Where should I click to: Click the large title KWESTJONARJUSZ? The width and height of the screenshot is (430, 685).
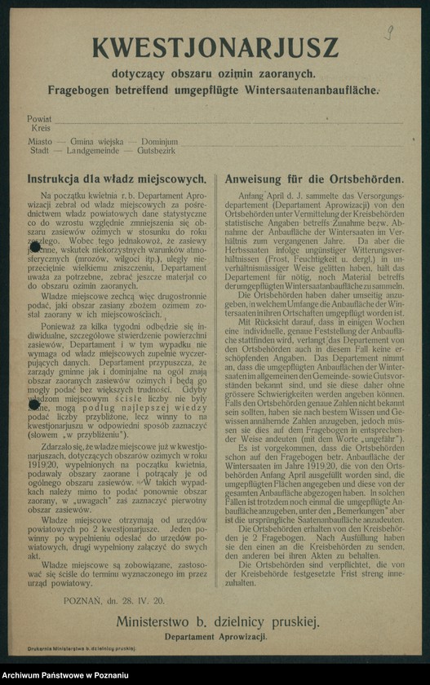[214, 47]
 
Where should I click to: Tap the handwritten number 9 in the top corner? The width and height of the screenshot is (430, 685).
[390, 33]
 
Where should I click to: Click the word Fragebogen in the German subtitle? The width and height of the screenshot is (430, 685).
[79, 88]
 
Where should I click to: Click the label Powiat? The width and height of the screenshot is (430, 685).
[39, 118]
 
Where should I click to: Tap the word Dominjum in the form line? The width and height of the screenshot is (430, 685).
[159, 141]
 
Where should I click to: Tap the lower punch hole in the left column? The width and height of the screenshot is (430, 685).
[34, 403]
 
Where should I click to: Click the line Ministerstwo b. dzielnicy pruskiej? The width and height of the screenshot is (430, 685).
[217, 622]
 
